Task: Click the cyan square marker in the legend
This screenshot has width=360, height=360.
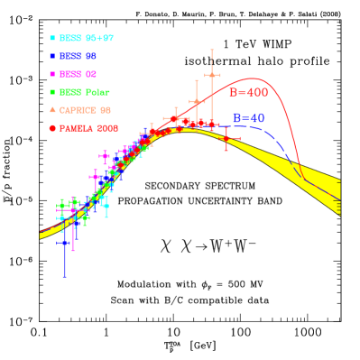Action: pyautogui.click(x=52, y=39)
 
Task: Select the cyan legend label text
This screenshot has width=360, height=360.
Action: pyautogui.click(x=87, y=39)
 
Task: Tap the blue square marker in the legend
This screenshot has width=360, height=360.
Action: pyautogui.click(x=52, y=57)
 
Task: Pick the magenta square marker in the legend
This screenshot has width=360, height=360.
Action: pyautogui.click(x=52, y=75)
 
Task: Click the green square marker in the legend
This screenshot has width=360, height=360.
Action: pyautogui.click(x=52, y=93)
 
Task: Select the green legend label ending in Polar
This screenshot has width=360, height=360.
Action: pyautogui.click(x=85, y=93)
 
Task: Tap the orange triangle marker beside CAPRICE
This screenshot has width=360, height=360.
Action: pyautogui.click(x=52, y=110)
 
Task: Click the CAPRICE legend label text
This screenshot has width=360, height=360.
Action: pyautogui.click(x=85, y=110)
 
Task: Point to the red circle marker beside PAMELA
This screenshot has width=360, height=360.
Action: pyautogui.click(x=52, y=128)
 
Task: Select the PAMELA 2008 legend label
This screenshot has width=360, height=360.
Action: pyautogui.click(x=88, y=128)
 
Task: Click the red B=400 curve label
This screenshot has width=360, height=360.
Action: pyautogui.click(x=248, y=93)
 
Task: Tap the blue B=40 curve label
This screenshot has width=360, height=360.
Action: pyautogui.click(x=248, y=118)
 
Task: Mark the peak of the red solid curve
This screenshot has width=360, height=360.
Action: pyautogui.click(x=254, y=78)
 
